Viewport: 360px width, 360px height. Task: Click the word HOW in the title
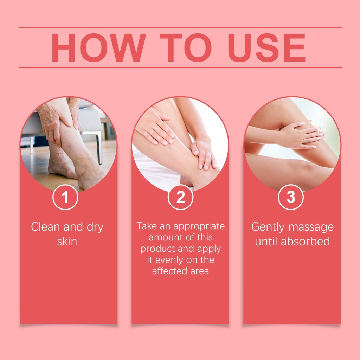point(99,47)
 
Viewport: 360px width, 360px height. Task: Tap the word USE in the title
point(266,47)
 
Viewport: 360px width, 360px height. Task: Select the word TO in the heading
point(186,47)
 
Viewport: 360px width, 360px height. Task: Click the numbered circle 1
point(65,197)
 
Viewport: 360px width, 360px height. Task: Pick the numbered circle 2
point(180,197)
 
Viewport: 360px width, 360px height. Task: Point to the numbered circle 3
point(291,197)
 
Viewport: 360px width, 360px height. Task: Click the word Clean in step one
point(45,227)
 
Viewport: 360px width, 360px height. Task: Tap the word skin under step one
point(67,242)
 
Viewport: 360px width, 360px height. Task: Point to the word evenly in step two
point(169,260)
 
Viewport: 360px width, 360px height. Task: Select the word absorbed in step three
point(306,242)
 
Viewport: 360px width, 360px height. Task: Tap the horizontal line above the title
point(180,27)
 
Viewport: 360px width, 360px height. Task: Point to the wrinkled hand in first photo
point(55,122)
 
